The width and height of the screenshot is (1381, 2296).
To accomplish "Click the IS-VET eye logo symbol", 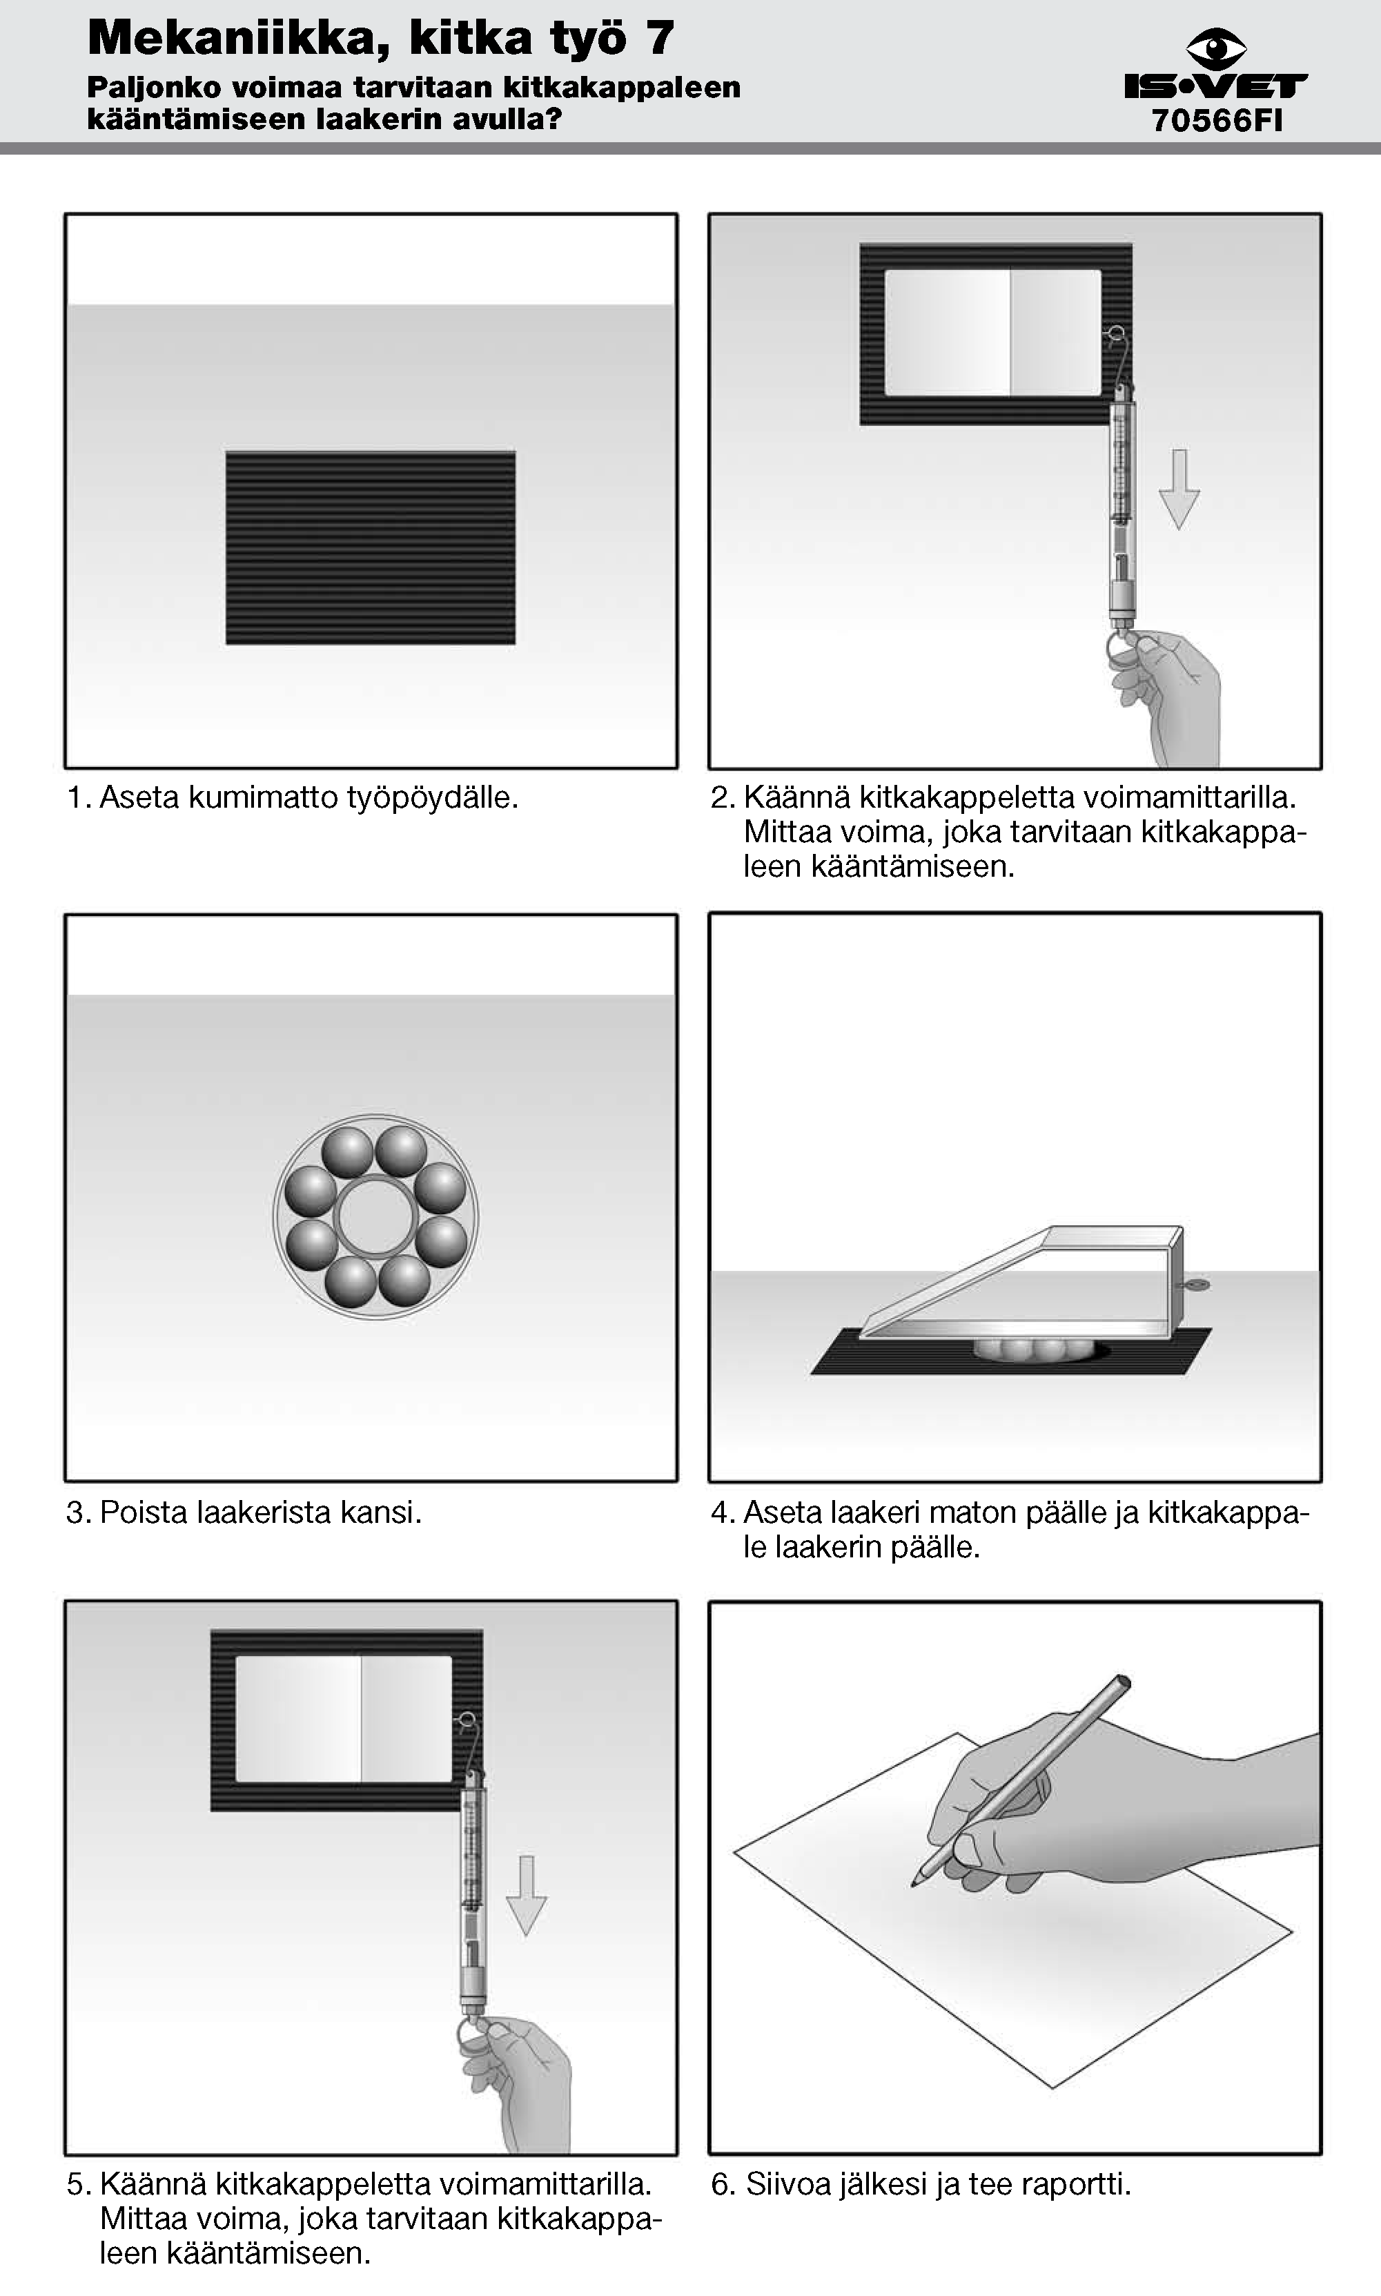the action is point(1215,49).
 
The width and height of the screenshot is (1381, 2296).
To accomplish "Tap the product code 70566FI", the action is point(1217,121).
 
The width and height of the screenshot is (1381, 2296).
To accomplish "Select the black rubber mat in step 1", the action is point(371,547).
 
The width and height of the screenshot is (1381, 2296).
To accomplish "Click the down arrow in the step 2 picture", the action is point(1179,489).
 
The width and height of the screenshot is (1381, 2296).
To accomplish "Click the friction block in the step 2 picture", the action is point(993,332).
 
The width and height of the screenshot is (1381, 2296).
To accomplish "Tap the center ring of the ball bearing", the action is point(375,1216).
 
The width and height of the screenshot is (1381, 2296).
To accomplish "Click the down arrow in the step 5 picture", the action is point(527,1896).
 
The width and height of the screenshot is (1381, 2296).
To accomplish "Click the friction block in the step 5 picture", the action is point(344,1718).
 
